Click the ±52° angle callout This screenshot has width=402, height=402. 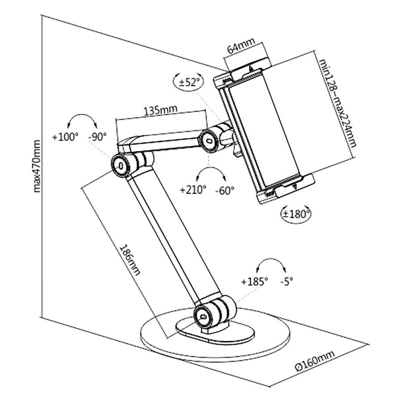click(x=188, y=82)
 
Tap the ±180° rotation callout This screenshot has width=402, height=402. click(x=296, y=214)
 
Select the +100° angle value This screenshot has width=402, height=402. click(x=65, y=137)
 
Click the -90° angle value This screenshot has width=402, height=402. click(x=97, y=137)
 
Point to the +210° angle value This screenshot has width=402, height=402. click(x=193, y=190)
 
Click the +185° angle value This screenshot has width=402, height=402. click(x=254, y=282)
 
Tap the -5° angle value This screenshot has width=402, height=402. click(x=286, y=282)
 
